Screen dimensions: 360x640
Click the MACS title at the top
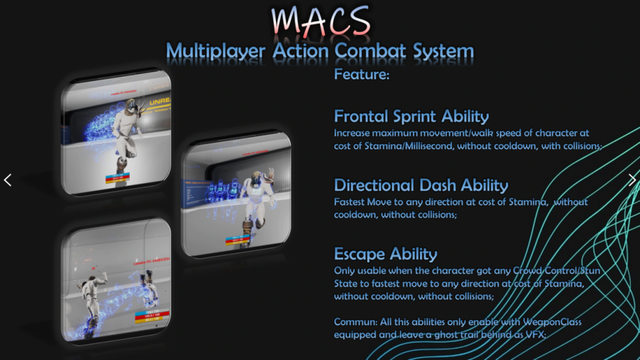pyautogui.click(x=320, y=21)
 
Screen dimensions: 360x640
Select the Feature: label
pyautogui.click(x=362, y=75)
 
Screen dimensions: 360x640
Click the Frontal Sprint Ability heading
pyautogui.click(x=411, y=116)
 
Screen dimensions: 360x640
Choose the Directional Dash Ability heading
pyautogui.click(x=421, y=185)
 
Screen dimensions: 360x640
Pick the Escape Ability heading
pyautogui.click(x=386, y=254)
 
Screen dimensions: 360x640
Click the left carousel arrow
pyautogui.click(x=7, y=180)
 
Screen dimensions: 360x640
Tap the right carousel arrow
pyautogui.click(x=632, y=180)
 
